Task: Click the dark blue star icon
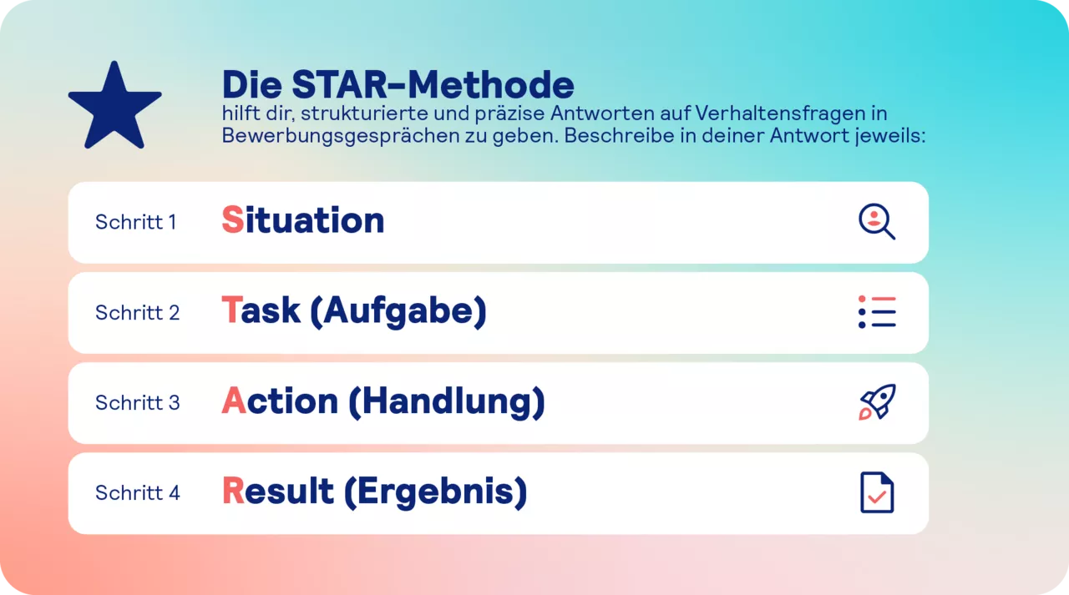(114, 107)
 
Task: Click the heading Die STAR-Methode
(398, 84)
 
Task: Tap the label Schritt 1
(135, 222)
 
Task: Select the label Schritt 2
(137, 312)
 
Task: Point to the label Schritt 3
(137, 402)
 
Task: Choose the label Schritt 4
(137, 492)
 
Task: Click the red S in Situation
(232, 220)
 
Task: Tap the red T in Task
(231, 310)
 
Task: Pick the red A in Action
(234, 401)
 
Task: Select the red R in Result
(232, 491)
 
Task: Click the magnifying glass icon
(876, 222)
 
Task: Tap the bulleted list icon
(876, 312)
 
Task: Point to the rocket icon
(877, 402)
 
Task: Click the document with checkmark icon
(877, 492)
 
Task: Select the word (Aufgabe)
(398, 311)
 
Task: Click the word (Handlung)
(447, 401)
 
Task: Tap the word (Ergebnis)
(435, 492)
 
